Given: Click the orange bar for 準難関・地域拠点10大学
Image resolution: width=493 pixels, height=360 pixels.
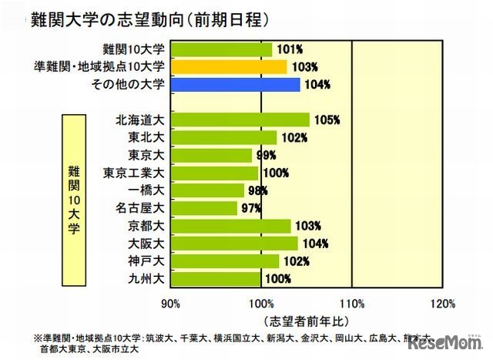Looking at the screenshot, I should (229, 67).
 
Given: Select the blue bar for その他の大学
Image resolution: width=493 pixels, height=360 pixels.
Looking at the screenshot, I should (236, 85).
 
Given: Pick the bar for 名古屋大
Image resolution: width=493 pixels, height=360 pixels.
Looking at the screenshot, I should (204, 208).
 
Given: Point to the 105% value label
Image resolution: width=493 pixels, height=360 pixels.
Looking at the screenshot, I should (327, 119).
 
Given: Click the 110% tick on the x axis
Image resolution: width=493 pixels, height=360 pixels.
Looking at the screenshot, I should (351, 301).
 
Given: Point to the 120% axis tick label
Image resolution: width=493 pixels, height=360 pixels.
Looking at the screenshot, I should (442, 301).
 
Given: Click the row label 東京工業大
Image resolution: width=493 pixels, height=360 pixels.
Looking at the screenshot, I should (133, 173).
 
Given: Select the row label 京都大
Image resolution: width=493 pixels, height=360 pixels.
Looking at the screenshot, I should (145, 226).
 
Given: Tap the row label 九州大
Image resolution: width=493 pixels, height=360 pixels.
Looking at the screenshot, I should (145, 278).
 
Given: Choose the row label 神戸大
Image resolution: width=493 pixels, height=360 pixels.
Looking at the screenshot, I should (145, 261).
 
